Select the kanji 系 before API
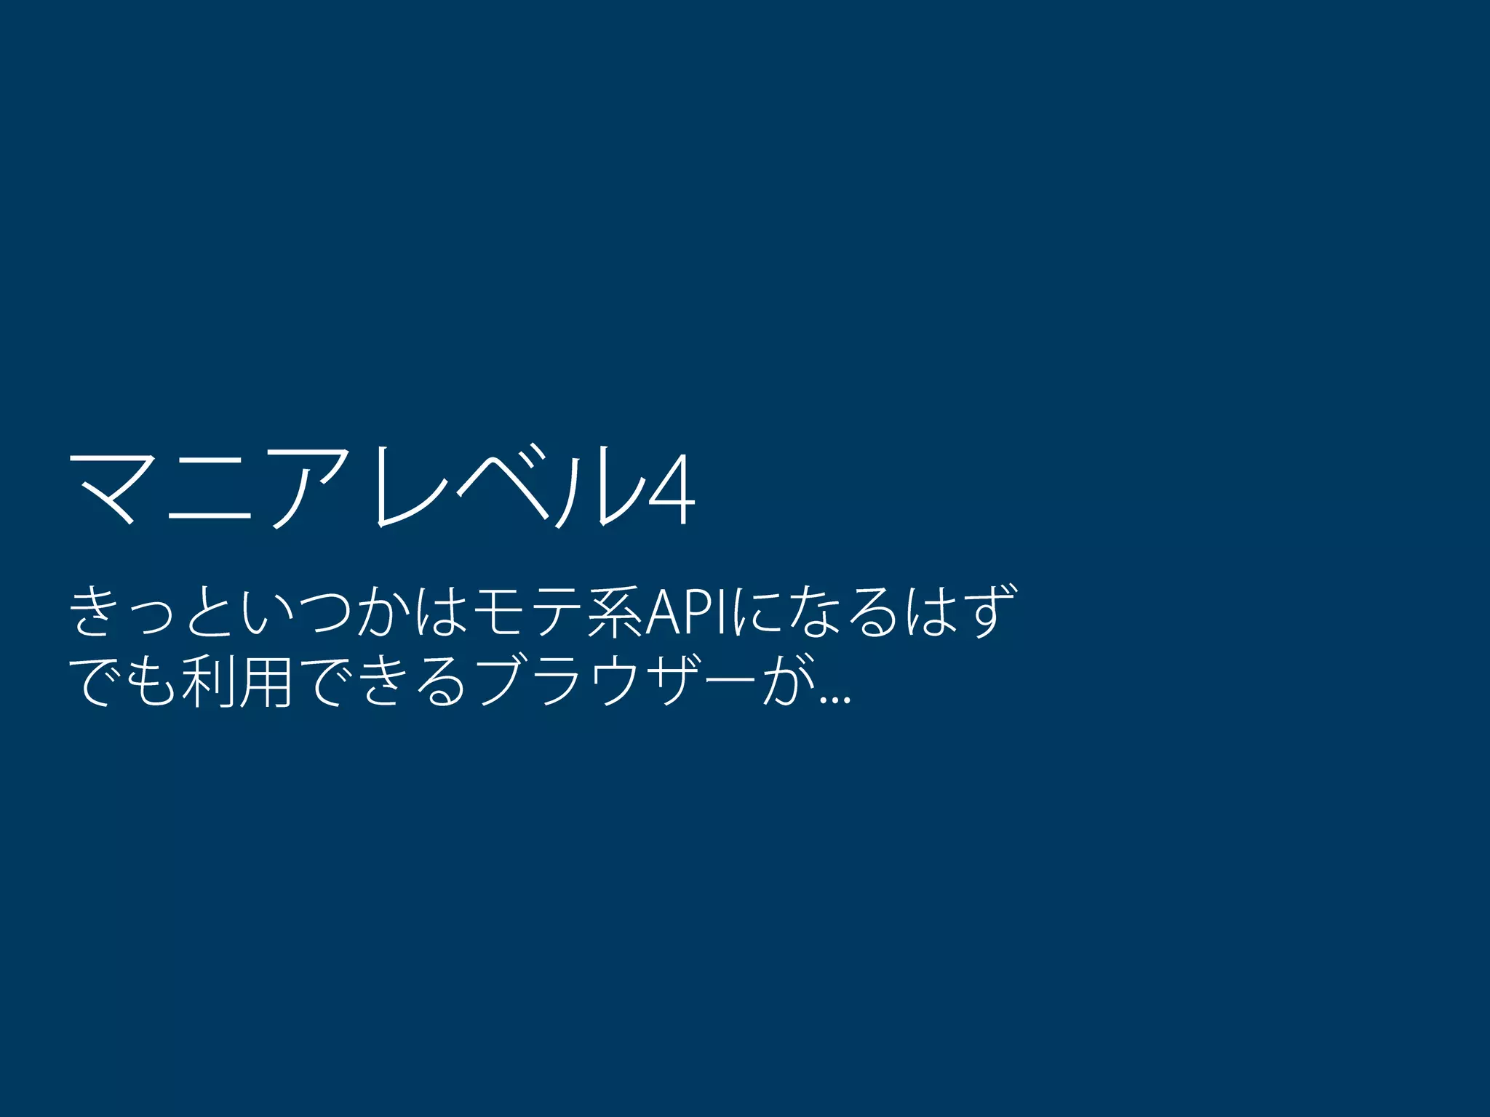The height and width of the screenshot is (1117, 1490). [615, 613]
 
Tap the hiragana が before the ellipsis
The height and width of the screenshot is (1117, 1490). [790, 682]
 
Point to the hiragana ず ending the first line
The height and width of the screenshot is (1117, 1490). [987, 613]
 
